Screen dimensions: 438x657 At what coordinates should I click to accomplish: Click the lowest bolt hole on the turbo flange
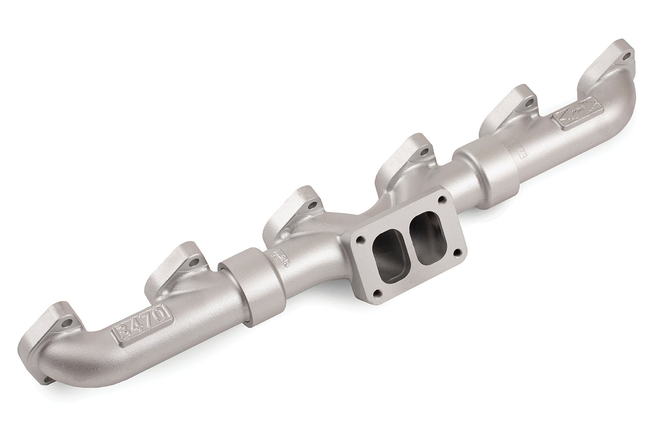point(374,295)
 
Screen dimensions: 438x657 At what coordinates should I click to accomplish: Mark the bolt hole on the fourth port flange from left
point(420,149)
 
